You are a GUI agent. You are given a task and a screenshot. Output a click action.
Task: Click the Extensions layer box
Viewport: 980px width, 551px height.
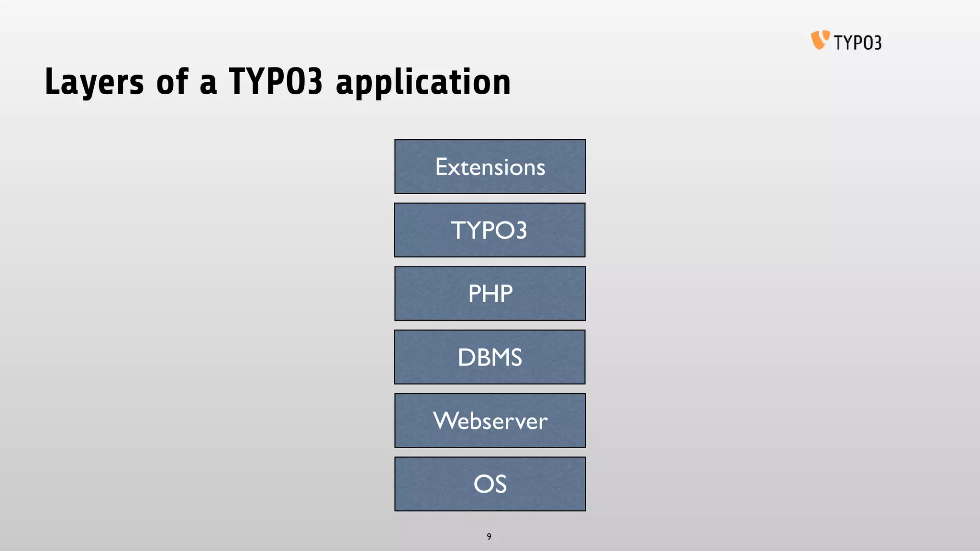(490, 166)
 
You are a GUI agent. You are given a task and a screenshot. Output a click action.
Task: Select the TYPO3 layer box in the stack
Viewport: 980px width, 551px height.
(490, 230)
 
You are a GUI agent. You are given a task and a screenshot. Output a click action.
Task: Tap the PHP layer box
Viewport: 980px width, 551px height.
(490, 293)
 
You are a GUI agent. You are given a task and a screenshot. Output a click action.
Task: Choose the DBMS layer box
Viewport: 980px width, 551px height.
(490, 357)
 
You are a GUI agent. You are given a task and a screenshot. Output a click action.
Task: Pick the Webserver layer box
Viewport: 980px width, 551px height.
(490, 420)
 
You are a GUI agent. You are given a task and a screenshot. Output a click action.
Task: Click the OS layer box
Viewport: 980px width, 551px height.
(490, 484)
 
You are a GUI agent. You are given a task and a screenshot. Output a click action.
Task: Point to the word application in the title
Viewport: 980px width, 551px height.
(423, 82)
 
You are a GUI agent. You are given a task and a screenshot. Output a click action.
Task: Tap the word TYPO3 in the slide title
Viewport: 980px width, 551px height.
(276, 81)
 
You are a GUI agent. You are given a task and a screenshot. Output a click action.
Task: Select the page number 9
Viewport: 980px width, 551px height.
(489, 537)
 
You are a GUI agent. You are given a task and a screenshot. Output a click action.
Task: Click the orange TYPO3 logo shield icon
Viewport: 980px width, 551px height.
(820, 40)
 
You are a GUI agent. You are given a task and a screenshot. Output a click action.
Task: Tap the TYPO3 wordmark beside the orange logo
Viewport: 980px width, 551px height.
(857, 43)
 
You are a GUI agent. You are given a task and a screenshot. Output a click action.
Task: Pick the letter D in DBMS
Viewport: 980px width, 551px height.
(466, 357)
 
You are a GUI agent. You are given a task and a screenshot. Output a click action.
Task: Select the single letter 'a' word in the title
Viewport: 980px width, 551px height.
(208, 84)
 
